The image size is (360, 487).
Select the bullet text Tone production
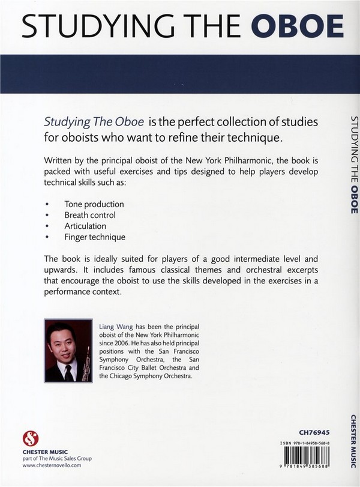coord(94,204)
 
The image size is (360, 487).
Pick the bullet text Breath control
coord(90,215)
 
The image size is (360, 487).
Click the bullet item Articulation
coord(85,226)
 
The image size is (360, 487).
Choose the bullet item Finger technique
coord(95,237)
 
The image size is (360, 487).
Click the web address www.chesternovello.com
coord(53,470)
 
